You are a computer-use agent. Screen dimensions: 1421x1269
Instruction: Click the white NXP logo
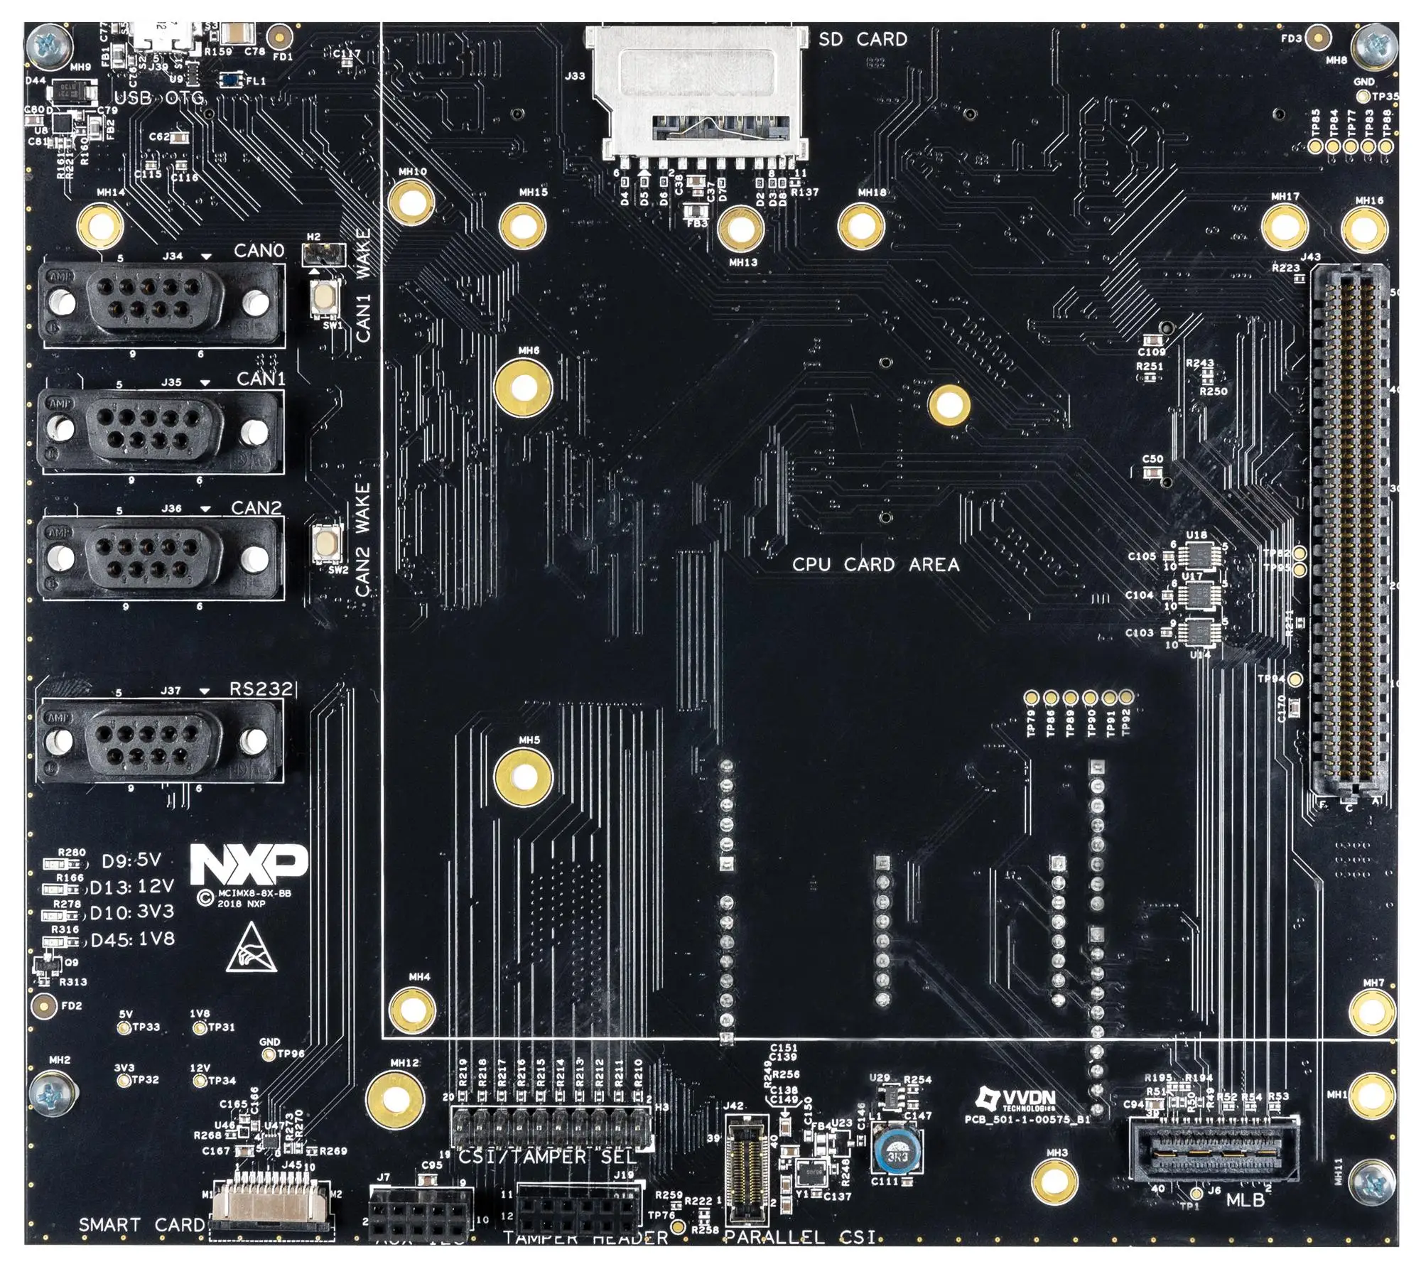pyautogui.click(x=248, y=865)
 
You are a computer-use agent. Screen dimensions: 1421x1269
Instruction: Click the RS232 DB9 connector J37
pyautogui.click(x=160, y=741)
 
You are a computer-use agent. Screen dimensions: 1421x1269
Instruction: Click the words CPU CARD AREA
pyautogui.click(x=875, y=565)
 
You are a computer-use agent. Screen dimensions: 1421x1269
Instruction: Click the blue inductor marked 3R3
pyautogui.click(x=897, y=1156)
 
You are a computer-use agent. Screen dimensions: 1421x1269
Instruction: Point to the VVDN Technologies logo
pyautogui.click(x=1016, y=1101)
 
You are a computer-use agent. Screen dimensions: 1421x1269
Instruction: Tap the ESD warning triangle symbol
pyautogui.click(x=251, y=949)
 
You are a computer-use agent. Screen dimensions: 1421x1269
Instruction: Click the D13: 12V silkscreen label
pyautogui.click(x=131, y=887)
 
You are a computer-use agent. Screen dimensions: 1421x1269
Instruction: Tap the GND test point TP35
pyautogui.click(x=1363, y=97)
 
